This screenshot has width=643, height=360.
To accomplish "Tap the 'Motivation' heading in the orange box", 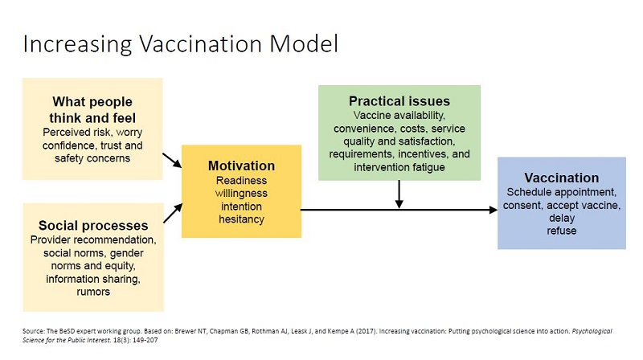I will pyautogui.click(x=241, y=166).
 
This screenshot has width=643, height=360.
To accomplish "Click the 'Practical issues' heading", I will pyautogui.click(x=399, y=101).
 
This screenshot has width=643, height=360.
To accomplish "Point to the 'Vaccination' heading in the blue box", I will pyautogui.click(x=561, y=178).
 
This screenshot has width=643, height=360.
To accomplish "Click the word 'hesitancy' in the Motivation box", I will pyautogui.click(x=241, y=219).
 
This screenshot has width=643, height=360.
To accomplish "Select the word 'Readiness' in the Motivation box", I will pyautogui.click(x=241, y=181).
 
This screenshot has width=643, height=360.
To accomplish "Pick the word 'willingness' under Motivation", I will pyautogui.click(x=241, y=194).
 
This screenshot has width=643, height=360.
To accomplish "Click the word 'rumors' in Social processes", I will pyautogui.click(x=92, y=292).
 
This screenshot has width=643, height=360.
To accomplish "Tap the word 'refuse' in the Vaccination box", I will pyautogui.click(x=562, y=231).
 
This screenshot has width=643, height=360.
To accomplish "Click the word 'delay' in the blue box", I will pyautogui.click(x=562, y=218).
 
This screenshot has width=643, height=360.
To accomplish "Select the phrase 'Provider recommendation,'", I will pyautogui.click(x=92, y=240).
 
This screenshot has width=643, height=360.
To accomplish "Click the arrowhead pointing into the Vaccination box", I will pyautogui.click(x=491, y=210).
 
